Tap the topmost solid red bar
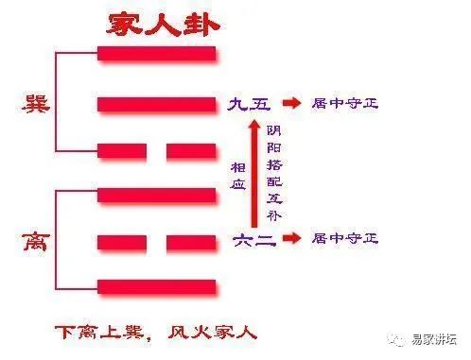pyautogui.click(x=157, y=54)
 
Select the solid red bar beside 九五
pyautogui.click(x=157, y=103)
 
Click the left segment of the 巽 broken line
pyautogui.click(x=122, y=151)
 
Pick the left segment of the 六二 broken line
pyautogui.click(x=122, y=242)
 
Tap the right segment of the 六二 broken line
pyautogui.click(x=192, y=242)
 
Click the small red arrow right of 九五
pyautogui.click(x=292, y=103)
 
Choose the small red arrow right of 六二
pyautogui.click(x=292, y=241)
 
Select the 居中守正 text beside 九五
pyautogui.click(x=346, y=103)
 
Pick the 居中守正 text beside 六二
pyautogui.click(x=346, y=241)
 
